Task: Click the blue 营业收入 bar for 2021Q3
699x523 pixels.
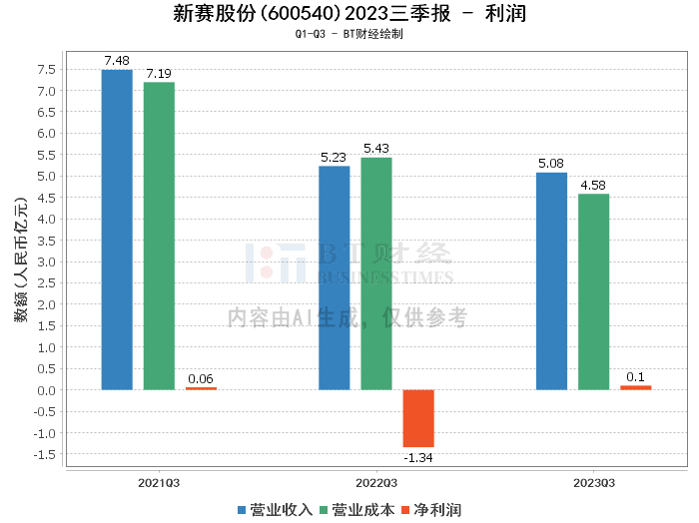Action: pos(117,230)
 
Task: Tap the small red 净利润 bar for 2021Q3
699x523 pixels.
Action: pos(201,388)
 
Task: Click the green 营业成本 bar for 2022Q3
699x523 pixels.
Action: pos(376,273)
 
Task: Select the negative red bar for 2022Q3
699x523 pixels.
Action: pos(418,418)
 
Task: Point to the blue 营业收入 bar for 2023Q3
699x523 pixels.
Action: pos(551,280)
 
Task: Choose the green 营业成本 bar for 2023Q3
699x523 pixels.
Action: pos(593,291)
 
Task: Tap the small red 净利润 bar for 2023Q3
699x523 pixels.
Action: pos(635,387)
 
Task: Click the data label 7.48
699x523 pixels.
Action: pos(117,61)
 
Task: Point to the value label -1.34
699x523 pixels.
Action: pos(418,457)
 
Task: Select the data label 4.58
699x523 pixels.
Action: pos(593,185)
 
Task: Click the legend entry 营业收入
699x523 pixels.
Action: pos(276,510)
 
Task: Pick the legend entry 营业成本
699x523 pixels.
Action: pos(356,510)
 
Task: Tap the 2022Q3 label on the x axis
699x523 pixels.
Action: pos(375,482)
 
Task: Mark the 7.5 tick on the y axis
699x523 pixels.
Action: pos(46,69)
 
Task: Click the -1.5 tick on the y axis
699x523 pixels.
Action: pos(44,454)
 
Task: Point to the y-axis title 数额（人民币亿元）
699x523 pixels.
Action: pos(20,261)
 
